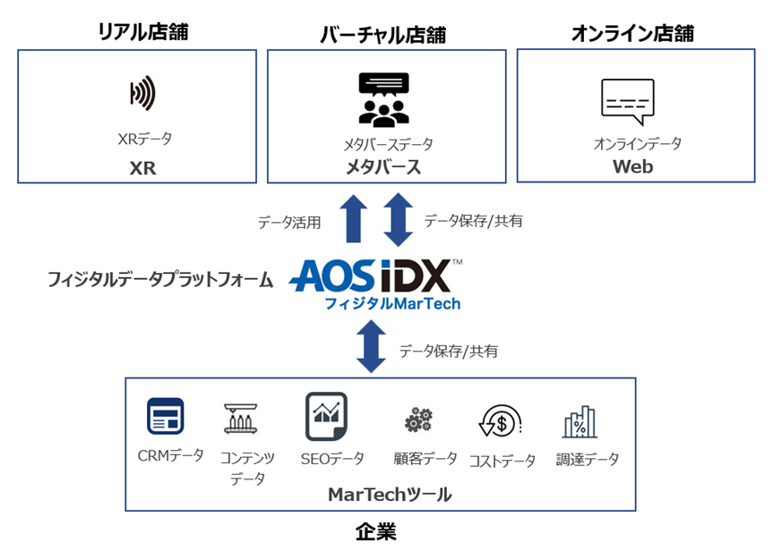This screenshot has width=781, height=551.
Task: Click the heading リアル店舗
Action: click(143, 33)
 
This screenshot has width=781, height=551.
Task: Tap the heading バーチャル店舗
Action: click(383, 35)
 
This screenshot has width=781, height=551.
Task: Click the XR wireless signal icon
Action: click(143, 93)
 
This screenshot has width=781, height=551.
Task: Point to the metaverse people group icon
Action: click(383, 98)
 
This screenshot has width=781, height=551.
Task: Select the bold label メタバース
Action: click(383, 167)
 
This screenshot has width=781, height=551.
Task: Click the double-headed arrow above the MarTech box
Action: click(371, 347)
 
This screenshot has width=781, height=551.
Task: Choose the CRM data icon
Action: click(166, 417)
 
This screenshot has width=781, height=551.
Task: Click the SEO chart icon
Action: click(326, 416)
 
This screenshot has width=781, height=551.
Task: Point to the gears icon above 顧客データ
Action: click(417, 420)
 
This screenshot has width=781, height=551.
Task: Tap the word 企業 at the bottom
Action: click(376, 532)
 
